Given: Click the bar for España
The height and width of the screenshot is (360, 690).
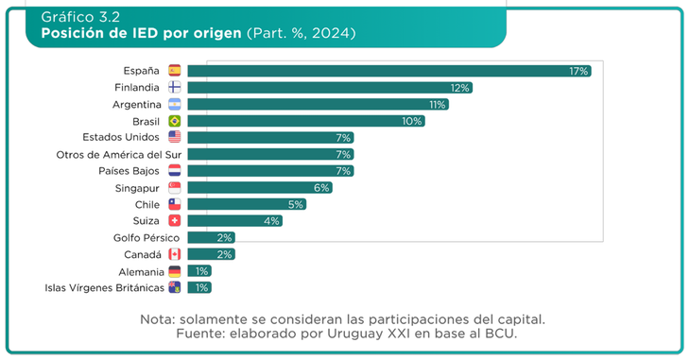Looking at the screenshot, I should (x=388, y=71).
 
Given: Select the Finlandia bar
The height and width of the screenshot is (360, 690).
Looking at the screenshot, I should (x=329, y=88).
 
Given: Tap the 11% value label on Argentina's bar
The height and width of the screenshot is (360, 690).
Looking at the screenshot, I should (x=437, y=105).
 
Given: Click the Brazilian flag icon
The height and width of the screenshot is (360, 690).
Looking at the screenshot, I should (x=174, y=122).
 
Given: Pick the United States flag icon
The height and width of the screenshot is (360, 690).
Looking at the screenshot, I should (x=174, y=138).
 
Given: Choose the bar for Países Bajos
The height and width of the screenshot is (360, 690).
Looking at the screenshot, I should (x=270, y=171).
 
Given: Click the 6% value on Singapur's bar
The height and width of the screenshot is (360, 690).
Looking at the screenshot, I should (x=321, y=188).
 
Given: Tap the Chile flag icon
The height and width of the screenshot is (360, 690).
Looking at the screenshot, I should (x=174, y=204).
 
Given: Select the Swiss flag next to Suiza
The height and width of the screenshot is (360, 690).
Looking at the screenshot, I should (x=174, y=221).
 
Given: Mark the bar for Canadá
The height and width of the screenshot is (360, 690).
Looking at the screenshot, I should (x=211, y=254).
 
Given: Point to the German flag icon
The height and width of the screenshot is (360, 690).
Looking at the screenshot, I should (x=174, y=271).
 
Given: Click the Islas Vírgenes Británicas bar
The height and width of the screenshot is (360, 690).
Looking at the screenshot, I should (x=199, y=287).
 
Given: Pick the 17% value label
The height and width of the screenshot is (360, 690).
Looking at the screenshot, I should (x=578, y=71).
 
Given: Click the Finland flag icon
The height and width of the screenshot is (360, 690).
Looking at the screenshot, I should (x=174, y=88).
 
